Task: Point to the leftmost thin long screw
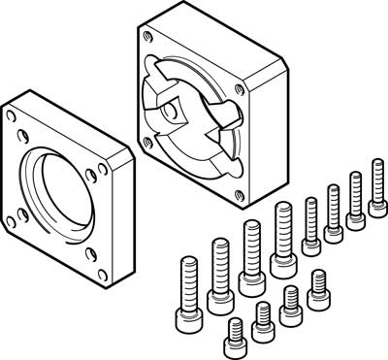click(x=311, y=223)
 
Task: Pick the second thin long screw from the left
click(x=333, y=209)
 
